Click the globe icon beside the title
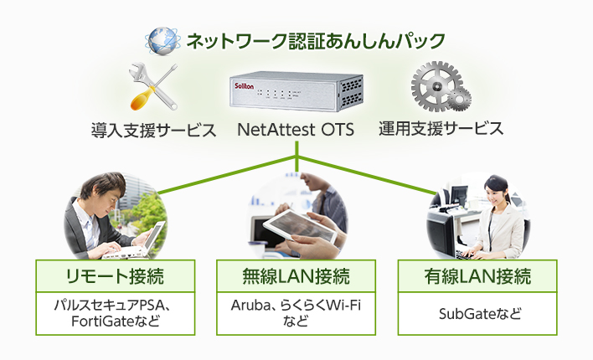click(x=162, y=41)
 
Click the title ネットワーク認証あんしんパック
click(x=316, y=41)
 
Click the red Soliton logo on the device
click(x=244, y=86)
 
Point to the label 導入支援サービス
click(x=153, y=130)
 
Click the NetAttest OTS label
click(x=296, y=130)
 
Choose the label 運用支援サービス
click(x=441, y=129)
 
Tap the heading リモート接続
click(x=116, y=276)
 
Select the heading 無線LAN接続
click(x=296, y=276)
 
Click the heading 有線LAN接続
click(x=477, y=276)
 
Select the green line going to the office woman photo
click(x=367, y=176)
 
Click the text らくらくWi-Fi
click(x=321, y=305)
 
